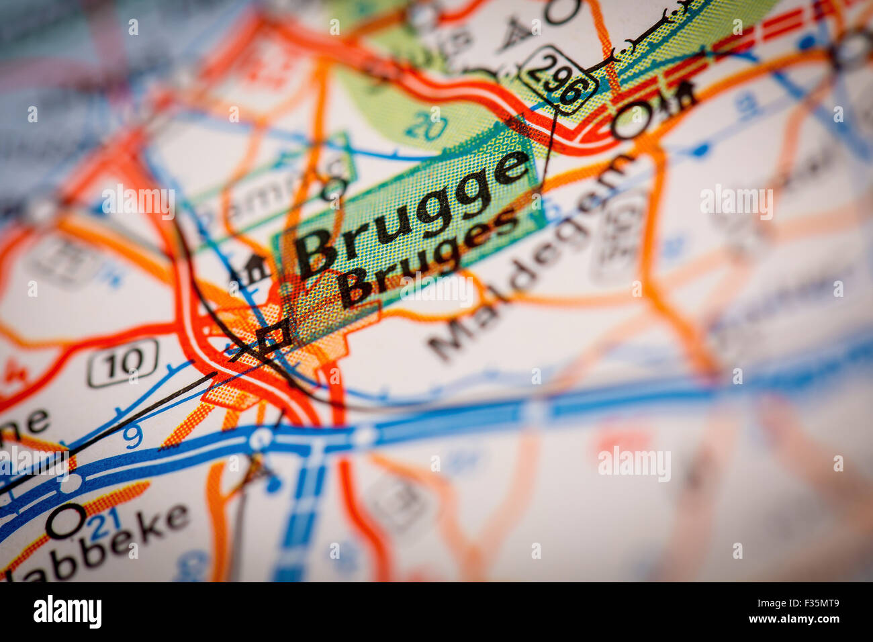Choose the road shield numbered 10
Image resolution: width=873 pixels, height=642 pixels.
point(123,363)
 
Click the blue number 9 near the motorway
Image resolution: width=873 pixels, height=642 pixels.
point(133,437)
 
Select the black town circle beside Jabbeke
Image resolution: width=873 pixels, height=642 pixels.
point(65,520)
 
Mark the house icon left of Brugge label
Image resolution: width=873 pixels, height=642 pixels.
point(251,269)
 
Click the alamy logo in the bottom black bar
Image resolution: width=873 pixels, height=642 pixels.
point(68,612)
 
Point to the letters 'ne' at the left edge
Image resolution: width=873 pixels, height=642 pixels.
point(27,423)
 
